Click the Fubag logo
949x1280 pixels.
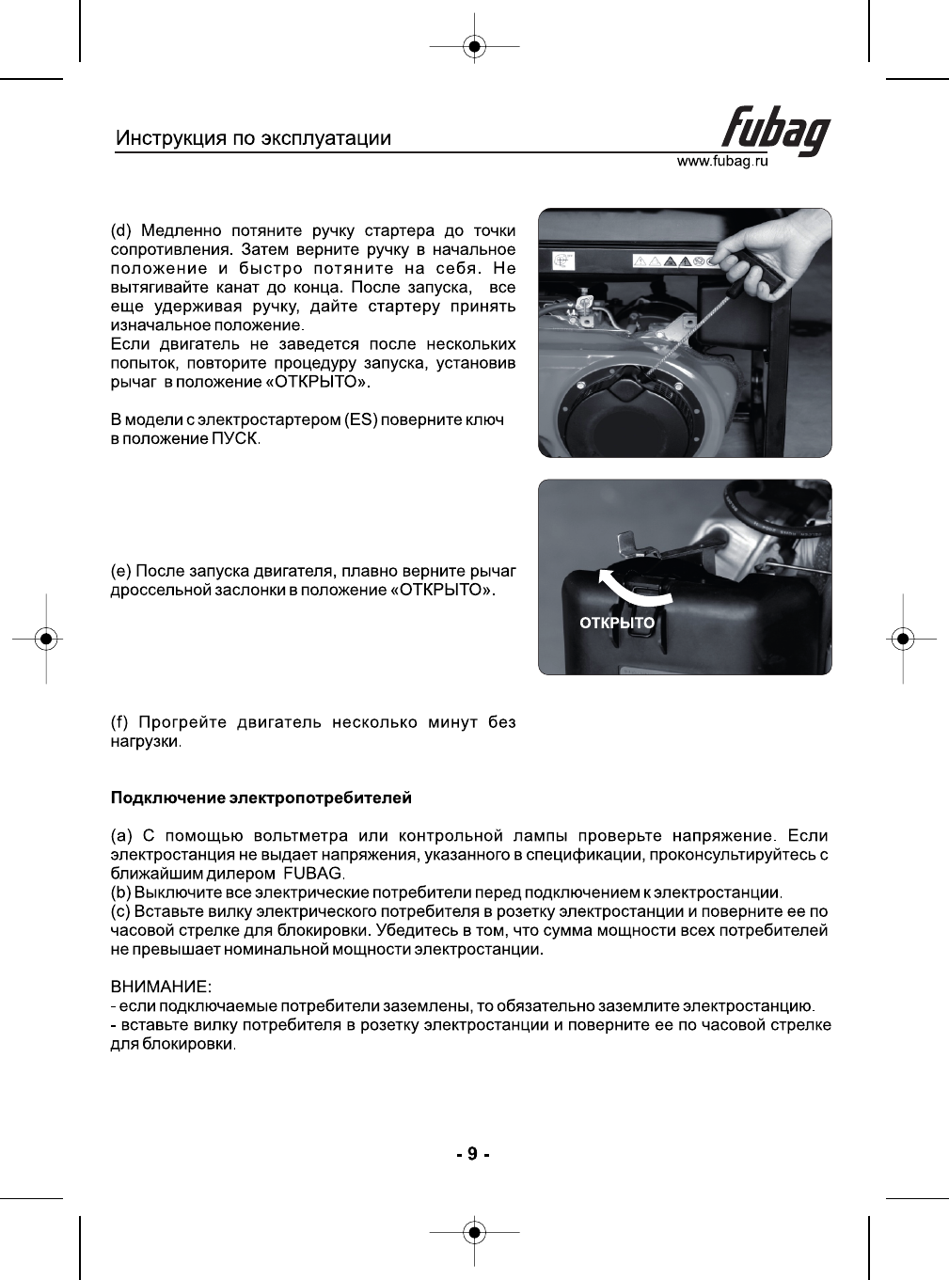775,131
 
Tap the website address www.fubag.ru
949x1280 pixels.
722,162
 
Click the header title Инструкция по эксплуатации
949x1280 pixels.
253,138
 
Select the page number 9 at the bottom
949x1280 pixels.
473,1154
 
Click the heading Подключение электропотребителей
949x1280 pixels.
261,798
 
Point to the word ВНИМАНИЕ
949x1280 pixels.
161,988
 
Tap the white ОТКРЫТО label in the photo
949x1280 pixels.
617,623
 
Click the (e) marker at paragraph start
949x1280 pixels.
121,571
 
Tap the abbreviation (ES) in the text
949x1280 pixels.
361,419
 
